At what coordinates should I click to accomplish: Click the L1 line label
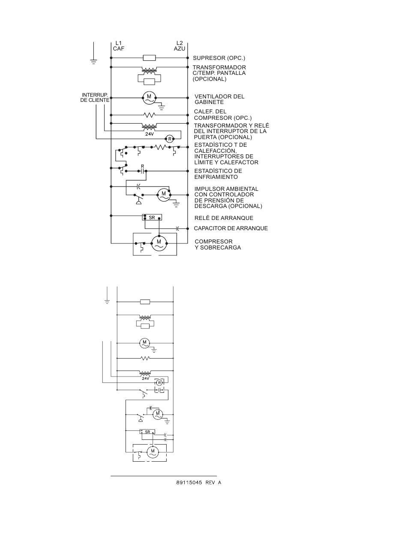tap(118, 43)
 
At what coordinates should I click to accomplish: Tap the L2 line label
tap(180, 43)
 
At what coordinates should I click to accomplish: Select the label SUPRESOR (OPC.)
tap(219, 58)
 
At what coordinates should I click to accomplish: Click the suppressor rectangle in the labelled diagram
tap(149, 58)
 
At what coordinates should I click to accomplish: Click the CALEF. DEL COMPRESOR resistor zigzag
tap(150, 115)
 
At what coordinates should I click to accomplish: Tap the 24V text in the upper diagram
tap(150, 134)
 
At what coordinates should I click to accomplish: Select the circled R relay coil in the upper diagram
tap(170, 139)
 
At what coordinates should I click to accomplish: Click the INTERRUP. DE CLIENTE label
tap(95, 98)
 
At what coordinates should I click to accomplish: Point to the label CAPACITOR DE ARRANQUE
tap(230, 228)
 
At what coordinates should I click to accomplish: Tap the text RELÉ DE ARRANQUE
tap(224, 218)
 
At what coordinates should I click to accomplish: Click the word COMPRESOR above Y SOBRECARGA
tap(214, 242)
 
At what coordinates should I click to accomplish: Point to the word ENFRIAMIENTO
tap(216, 177)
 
